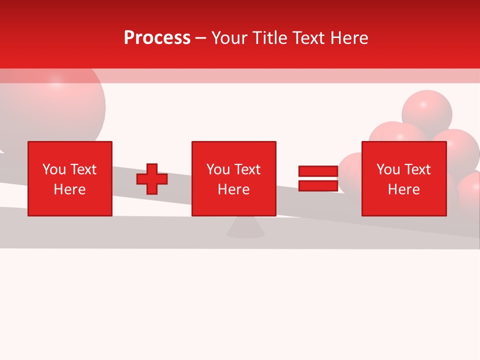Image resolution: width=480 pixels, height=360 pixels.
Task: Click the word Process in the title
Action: pyautogui.click(x=157, y=38)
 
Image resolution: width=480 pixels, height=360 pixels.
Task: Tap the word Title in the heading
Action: pyautogui.click(x=270, y=38)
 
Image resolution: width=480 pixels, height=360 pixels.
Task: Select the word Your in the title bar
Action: pyautogui.click(x=231, y=38)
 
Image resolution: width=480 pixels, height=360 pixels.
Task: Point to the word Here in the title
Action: pyautogui.click(x=348, y=38)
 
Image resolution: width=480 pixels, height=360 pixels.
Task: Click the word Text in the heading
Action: pyautogui.click(x=308, y=38)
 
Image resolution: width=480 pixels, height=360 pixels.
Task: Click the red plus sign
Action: pyautogui.click(x=152, y=179)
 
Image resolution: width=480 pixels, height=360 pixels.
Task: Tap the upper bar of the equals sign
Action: pyautogui.click(x=318, y=171)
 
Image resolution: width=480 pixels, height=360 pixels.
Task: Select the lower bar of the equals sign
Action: pyautogui.click(x=318, y=185)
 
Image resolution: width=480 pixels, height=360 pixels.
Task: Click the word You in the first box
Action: pyautogui.click(x=54, y=169)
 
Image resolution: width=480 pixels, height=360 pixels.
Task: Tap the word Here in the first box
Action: pyautogui.click(x=70, y=189)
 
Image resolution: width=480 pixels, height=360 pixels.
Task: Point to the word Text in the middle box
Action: pyautogui.click(x=247, y=169)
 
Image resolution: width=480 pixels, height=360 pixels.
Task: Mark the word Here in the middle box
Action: pyautogui.click(x=234, y=189)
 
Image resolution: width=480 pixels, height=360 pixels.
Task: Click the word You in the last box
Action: pyautogui.click(x=388, y=169)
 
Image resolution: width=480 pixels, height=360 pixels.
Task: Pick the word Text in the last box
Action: pyautogui.click(x=417, y=169)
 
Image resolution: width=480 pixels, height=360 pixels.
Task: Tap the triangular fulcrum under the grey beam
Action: pyautogui.click(x=245, y=228)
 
